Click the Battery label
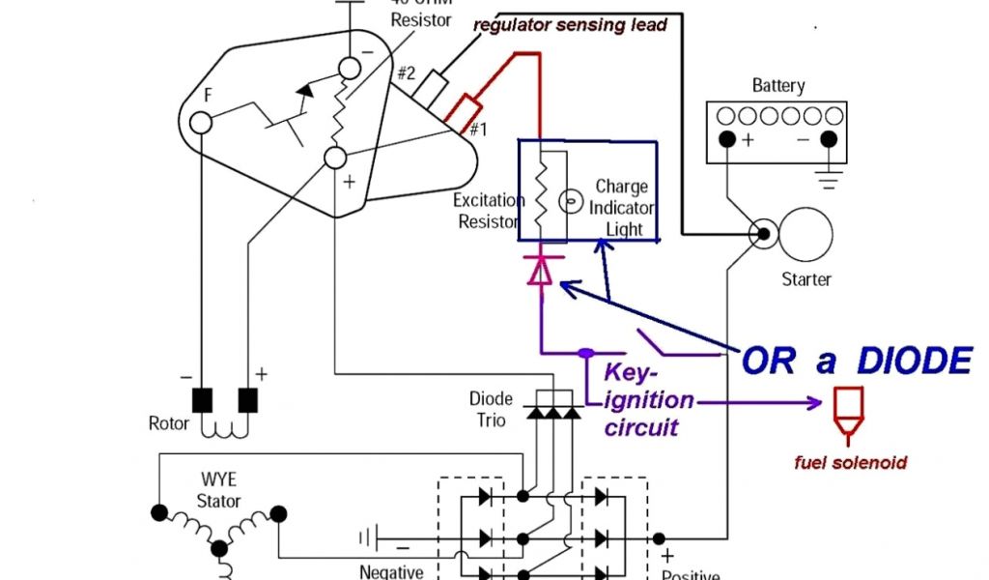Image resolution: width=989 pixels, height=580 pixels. pos(777,86)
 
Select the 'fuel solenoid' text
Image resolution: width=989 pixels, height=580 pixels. pos(850,463)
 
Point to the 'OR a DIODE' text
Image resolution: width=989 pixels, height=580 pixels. pos(856,362)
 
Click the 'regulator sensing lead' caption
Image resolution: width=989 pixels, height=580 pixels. pos(570,25)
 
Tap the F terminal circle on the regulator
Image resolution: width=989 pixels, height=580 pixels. pos(201,122)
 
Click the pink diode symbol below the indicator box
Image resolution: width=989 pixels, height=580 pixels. pos(541,273)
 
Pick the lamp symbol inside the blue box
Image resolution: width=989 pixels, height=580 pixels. pos(571,204)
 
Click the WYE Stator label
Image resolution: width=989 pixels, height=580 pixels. pos(218,489)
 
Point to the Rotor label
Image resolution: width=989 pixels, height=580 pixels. pos(168,423)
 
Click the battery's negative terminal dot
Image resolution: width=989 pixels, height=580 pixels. pos(828,139)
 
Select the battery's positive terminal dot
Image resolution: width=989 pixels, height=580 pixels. pos(726,139)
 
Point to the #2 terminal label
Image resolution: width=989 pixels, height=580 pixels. pos(406,72)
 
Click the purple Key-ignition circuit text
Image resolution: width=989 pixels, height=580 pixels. pos(648,399)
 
